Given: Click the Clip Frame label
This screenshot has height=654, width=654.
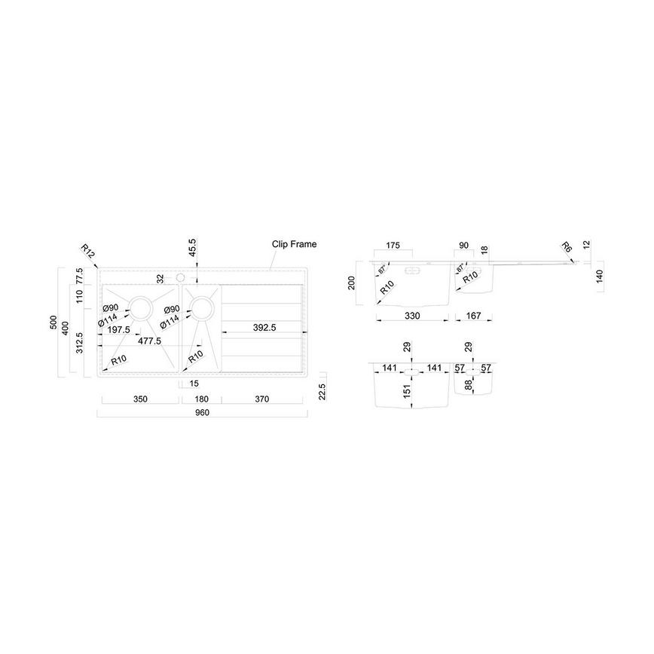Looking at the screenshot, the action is pyautogui.click(x=294, y=244).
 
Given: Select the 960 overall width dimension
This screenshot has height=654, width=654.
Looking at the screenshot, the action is pyautogui.click(x=202, y=413).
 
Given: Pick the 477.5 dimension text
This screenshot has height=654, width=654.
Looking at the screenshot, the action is pyautogui.click(x=149, y=341).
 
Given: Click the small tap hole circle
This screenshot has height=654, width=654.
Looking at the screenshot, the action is pyautogui.click(x=180, y=278).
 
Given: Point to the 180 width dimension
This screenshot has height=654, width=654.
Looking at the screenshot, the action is pyautogui.click(x=200, y=399).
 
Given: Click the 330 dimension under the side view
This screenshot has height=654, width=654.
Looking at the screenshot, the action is pyautogui.click(x=412, y=315).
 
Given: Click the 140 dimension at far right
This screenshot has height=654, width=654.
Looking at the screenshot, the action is pyautogui.click(x=599, y=276).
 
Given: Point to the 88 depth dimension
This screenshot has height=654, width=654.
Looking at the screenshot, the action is pyautogui.click(x=468, y=384).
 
